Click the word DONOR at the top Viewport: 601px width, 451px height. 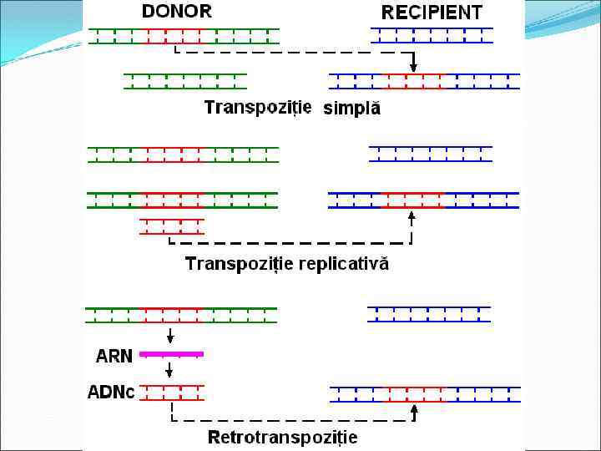point(177,11)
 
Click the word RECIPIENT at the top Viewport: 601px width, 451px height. point(432,13)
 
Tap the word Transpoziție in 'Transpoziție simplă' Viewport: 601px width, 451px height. point(258,107)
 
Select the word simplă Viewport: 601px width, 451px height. point(351,109)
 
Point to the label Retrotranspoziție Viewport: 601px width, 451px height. point(282,437)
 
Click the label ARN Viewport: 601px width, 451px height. point(114,356)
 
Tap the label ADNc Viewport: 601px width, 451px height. point(111,392)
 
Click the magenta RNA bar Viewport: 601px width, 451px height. point(171,354)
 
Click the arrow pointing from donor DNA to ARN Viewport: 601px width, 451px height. point(170,337)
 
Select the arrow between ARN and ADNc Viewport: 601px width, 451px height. point(170,370)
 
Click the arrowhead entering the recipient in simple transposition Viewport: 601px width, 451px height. point(413,66)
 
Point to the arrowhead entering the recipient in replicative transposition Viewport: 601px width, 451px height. point(412,216)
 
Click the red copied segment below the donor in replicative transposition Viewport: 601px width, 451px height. point(172,226)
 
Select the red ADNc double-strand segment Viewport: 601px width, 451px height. point(172,392)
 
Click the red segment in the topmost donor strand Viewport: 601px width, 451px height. point(173,35)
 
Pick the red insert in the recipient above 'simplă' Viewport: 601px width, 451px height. point(414,81)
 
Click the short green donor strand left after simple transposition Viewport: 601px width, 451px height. point(185,81)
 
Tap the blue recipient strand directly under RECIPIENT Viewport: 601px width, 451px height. point(432,35)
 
